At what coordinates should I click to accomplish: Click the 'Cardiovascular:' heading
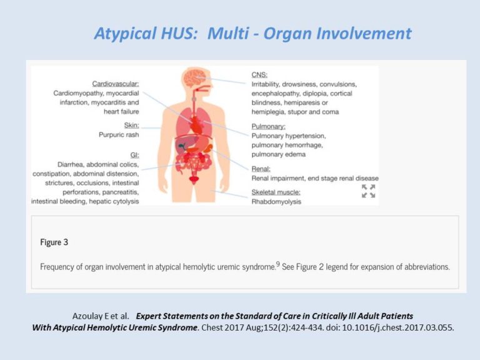(116, 83)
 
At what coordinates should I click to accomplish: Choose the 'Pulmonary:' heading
(272, 126)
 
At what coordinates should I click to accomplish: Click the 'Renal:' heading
(262, 169)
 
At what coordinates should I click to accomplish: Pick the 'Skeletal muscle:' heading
(276, 192)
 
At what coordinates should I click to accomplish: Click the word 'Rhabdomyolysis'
(276, 201)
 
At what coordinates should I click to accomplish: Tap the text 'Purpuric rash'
(119, 134)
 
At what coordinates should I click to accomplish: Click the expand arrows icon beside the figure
(369, 191)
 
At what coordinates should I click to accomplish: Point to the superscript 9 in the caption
(279, 263)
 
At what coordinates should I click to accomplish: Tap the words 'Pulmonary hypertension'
(289, 135)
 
